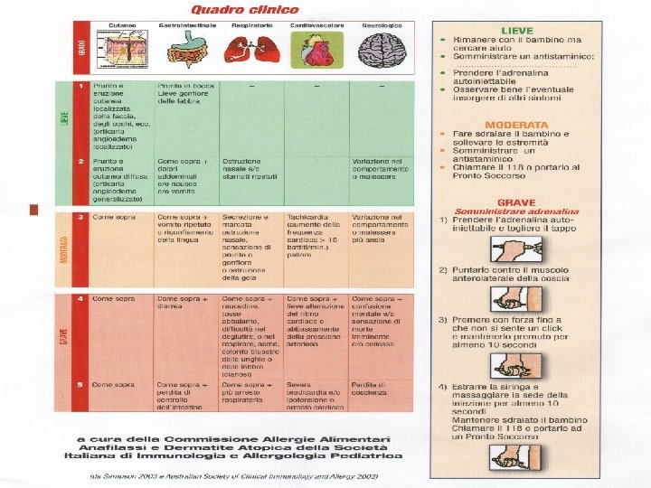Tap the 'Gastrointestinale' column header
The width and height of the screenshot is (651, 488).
click(187, 26)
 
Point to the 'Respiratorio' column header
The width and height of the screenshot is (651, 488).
click(252, 26)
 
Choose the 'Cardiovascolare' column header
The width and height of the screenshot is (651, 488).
click(316, 26)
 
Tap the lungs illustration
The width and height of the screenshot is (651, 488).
click(252, 53)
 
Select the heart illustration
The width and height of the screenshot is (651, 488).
click(316, 54)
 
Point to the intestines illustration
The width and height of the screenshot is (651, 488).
click(187, 54)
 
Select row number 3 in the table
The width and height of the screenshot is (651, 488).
click(80, 218)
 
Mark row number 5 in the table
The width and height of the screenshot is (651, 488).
click(80, 384)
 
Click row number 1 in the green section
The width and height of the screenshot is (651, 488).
click(80, 86)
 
